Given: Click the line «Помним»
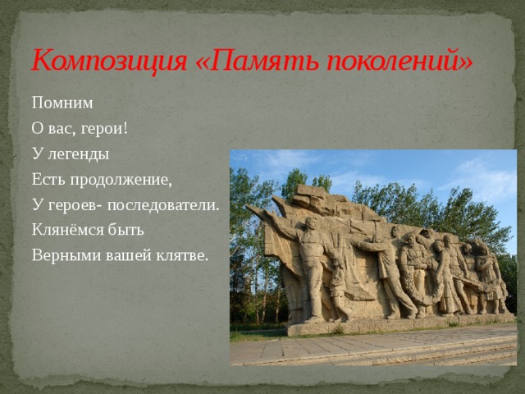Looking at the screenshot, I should [63, 103].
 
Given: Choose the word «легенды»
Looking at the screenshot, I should [79, 154].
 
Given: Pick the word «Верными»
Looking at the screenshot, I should [64, 255].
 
